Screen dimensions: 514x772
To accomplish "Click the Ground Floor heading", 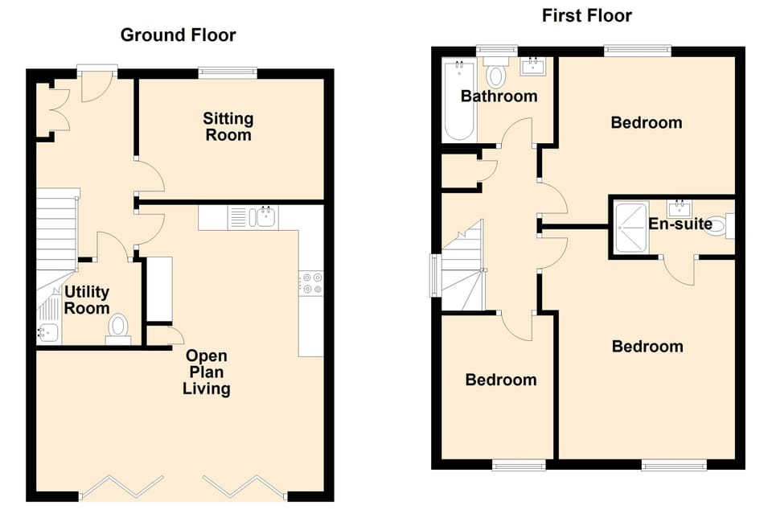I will pos(178,35).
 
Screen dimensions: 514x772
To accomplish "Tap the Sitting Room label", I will pos(228,127).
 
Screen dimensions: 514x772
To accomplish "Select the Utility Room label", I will pos(87,300).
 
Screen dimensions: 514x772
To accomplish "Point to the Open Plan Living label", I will pos(207,372).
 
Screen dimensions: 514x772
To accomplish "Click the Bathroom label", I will pos(499,97).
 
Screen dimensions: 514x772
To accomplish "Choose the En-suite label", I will pos(680,224).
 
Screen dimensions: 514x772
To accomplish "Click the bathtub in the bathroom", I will pos(458,100).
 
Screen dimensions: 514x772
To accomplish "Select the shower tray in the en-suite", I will pos(630,228).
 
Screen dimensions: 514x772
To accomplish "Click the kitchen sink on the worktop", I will pos(264,216).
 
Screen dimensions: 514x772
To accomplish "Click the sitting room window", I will pos(228,72).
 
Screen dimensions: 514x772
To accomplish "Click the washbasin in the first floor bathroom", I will pos(533,66).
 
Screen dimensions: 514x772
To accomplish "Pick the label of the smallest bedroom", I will pos(500,380).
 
